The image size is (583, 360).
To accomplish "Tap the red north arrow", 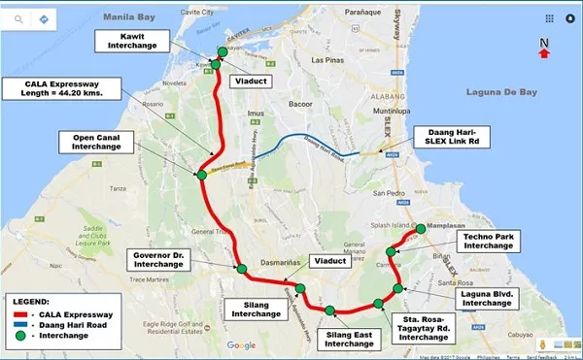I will tap(544, 52).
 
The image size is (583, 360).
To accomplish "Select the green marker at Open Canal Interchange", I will tap(201, 176).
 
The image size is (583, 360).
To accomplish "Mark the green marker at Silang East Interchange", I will tap(330, 311).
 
